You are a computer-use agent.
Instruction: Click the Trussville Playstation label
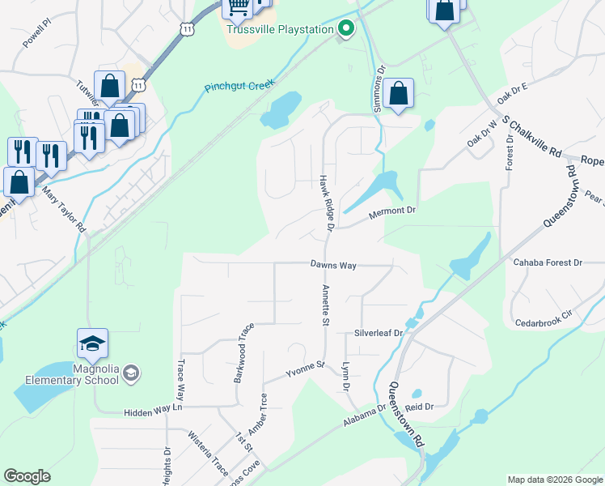280,30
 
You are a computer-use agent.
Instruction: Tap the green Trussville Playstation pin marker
345,30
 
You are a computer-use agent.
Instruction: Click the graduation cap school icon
92,343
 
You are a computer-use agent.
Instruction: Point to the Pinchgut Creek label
239,85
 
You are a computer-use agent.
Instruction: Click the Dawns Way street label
333,265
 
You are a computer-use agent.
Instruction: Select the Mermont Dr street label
391,211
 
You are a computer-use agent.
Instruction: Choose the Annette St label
325,305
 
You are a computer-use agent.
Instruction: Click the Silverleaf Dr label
379,333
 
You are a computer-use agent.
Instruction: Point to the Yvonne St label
303,369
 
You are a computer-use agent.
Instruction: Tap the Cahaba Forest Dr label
548,262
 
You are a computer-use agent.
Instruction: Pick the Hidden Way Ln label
154,411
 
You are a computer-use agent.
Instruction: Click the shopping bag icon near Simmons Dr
399,94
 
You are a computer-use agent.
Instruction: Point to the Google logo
27,476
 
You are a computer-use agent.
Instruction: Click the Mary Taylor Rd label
64,210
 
